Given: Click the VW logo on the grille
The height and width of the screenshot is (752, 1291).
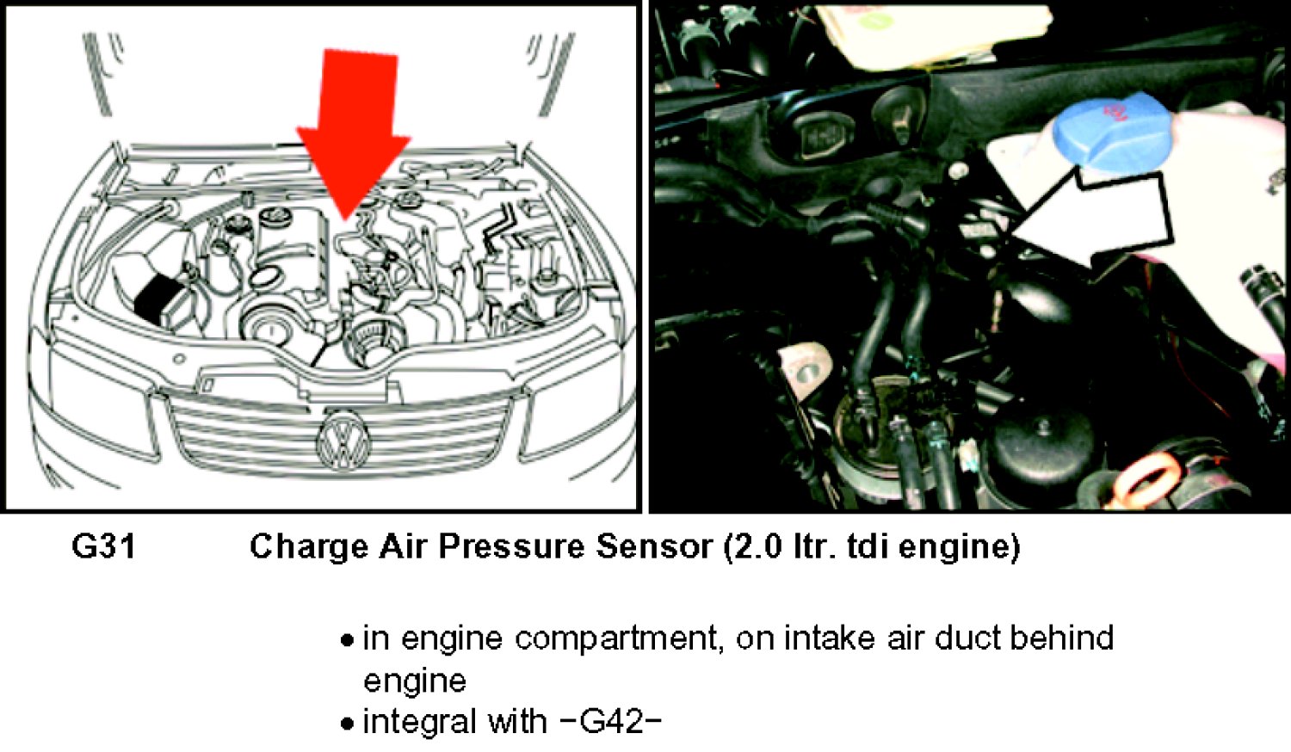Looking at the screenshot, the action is (x=344, y=441).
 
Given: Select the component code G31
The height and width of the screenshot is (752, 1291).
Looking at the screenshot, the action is (x=104, y=546).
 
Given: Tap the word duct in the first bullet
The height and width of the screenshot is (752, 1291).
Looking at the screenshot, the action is (x=967, y=638).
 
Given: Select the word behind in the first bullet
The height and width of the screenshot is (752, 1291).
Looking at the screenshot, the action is (x=1062, y=638).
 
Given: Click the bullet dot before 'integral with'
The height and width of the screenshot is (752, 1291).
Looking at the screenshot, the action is (x=347, y=724).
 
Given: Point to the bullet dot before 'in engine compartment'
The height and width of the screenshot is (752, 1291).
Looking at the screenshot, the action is (x=347, y=640).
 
